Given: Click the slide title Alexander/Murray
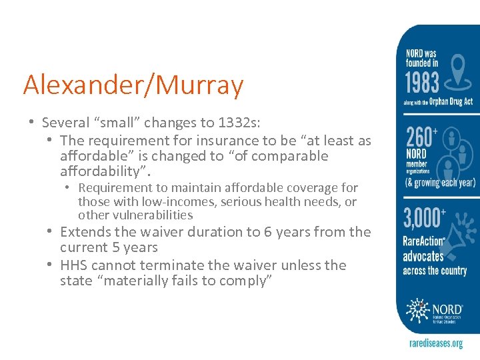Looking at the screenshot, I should tap(133, 86).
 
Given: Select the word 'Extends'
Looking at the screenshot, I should tap(85, 232).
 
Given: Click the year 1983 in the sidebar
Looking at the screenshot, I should tap(422, 83).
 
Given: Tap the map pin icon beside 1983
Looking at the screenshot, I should tap(457, 73).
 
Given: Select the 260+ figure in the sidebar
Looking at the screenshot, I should tap(422, 137).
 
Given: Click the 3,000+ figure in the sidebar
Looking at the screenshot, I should tap(424, 219).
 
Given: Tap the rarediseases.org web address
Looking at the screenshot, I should tap(435, 343).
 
